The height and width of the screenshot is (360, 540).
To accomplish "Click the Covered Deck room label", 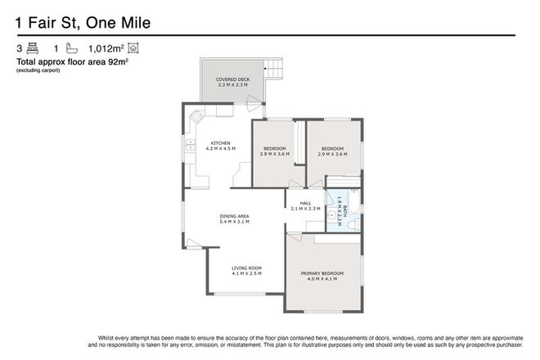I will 233,79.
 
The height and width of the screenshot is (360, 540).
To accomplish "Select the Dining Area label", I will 234,216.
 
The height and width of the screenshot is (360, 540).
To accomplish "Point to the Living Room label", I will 245,268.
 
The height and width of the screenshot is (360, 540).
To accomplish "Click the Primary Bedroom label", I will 322,272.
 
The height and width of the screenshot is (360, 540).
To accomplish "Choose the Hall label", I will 304,204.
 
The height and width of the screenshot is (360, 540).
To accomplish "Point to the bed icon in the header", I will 33,48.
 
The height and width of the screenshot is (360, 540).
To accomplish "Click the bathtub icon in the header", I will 71,48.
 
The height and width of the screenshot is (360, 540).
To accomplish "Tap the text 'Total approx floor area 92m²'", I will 74,61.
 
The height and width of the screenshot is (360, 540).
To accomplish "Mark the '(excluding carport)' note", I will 38,70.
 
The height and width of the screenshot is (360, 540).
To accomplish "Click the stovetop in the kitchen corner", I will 196,119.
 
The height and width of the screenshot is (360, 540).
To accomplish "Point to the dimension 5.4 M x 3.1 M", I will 234,222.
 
